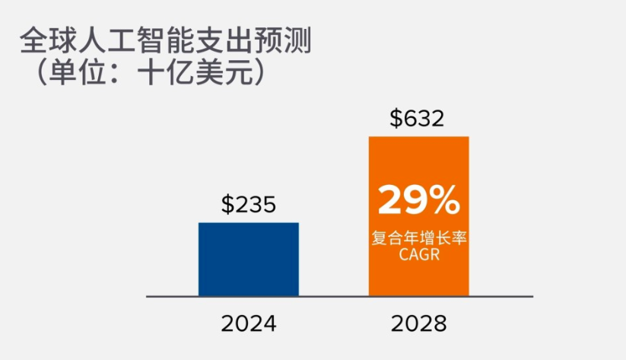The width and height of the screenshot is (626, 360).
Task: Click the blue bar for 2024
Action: pos(248,259)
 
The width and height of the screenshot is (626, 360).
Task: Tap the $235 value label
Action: pos(248,205)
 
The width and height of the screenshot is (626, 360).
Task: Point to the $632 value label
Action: pos(417,119)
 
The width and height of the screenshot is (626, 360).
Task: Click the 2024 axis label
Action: pos(249,323)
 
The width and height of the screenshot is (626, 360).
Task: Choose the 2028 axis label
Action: pos(418,323)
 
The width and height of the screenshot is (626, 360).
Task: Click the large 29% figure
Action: pos(418,200)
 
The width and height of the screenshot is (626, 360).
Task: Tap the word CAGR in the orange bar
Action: pos(418,254)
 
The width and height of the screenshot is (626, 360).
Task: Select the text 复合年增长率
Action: pos(418,239)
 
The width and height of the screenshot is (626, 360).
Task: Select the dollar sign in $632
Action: pos(396,119)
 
